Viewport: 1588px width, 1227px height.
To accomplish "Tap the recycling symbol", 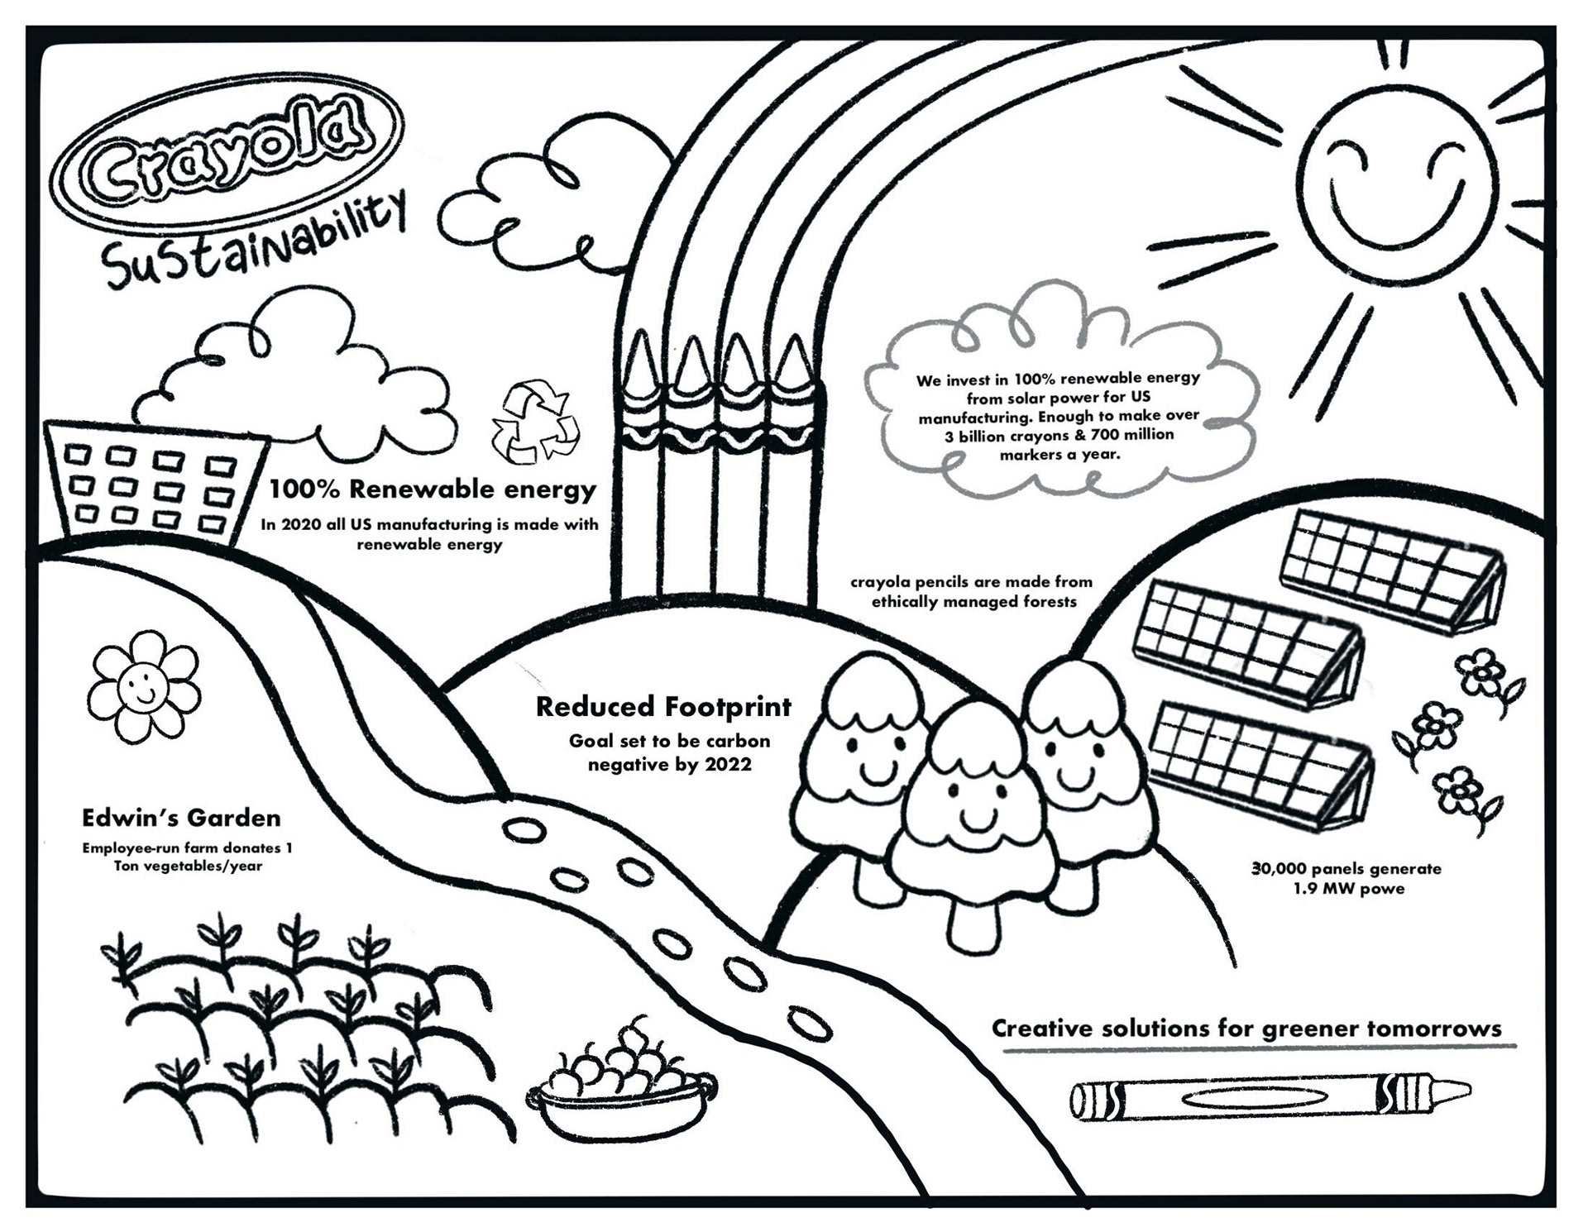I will pyautogui.click(x=535, y=422).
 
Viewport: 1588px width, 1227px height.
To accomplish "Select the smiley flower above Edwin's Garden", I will pyautogui.click(x=144, y=685).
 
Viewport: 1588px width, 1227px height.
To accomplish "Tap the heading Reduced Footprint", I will pyautogui.click(x=663, y=707).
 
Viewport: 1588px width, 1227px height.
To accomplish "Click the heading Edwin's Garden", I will pyautogui.click(x=181, y=818).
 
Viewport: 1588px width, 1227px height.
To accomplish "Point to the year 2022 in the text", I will pyautogui.click(x=728, y=765).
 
